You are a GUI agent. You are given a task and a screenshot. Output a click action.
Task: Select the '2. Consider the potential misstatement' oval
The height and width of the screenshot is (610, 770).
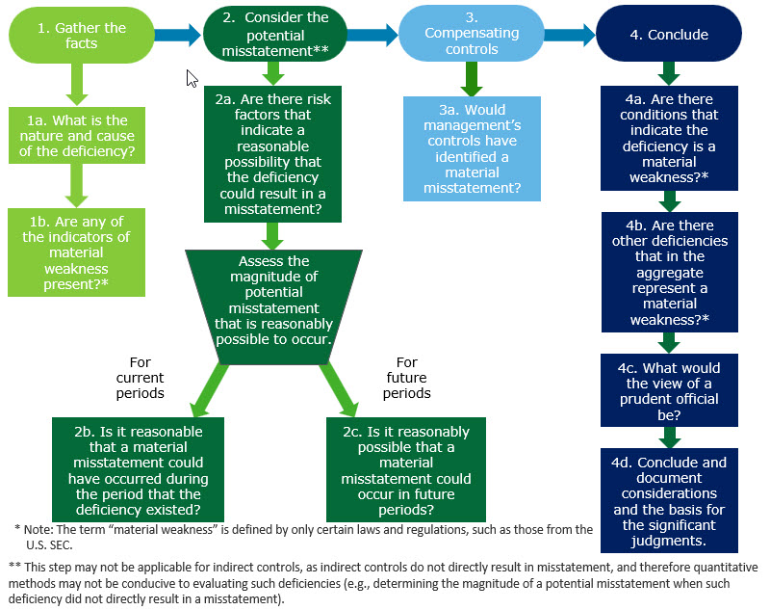click(274, 35)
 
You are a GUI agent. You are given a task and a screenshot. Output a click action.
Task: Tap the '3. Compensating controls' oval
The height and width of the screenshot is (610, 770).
click(472, 35)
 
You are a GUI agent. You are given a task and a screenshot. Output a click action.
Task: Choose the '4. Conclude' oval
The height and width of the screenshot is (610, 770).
click(669, 35)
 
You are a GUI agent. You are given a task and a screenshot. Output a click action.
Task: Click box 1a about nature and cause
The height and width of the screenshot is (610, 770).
click(76, 136)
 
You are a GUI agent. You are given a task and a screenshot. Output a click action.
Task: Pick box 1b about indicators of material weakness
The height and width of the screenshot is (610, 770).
click(76, 252)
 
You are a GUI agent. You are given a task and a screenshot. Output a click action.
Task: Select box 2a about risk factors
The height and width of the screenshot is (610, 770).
click(274, 152)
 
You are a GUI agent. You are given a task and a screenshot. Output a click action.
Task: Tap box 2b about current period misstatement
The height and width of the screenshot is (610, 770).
click(141, 468)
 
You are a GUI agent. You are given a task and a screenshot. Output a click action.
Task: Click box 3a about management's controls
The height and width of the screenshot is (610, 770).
click(472, 148)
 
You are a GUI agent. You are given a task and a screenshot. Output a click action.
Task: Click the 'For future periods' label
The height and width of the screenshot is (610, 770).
click(406, 378)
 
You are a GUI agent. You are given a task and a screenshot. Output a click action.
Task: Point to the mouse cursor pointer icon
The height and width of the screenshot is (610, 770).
click(192, 78)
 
